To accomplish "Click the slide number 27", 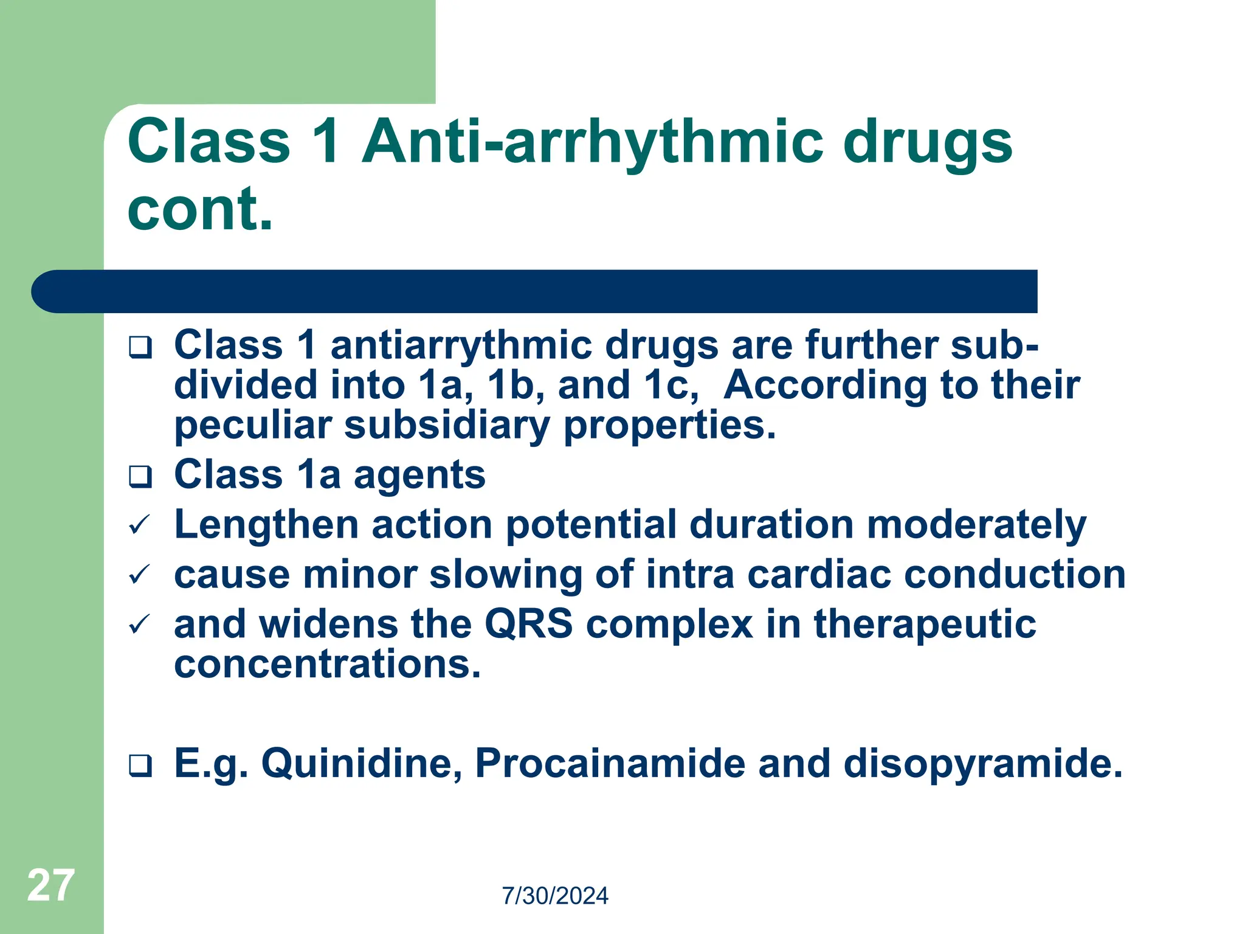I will pyautogui.click(x=51, y=885).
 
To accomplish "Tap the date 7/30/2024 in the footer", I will pyautogui.click(x=554, y=896).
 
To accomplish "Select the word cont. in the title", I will pyautogui.click(x=201, y=209).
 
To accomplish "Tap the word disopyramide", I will pyautogui.click(x=982, y=764).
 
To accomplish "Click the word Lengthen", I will pyautogui.click(x=266, y=524).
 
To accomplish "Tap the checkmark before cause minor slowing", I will pyautogui.click(x=140, y=575).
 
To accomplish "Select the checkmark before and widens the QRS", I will pyautogui.click(x=140, y=624).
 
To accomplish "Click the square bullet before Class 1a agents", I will pyautogui.click(x=140, y=477).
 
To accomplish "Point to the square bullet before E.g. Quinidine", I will pyautogui.click(x=140, y=765).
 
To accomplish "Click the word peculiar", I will pyautogui.click(x=252, y=426).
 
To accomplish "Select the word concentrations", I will pyautogui.click(x=327, y=664).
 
